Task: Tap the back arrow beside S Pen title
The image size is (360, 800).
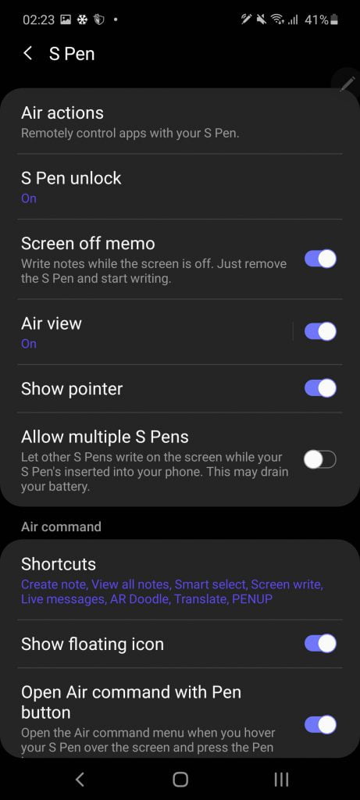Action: coord(28,53)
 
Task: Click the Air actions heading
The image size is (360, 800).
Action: coord(62,112)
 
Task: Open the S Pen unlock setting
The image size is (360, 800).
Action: coord(71,178)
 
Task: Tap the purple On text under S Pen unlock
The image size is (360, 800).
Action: coord(29,198)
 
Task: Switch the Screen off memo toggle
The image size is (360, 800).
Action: coord(320,259)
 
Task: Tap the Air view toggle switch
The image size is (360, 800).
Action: coord(320,331)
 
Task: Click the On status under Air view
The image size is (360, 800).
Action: coord(29,344)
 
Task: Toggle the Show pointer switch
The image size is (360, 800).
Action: coord(320,388)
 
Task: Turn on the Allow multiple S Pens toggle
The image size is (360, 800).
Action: coord(320,460)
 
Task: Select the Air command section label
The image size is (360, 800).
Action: coord(61,527)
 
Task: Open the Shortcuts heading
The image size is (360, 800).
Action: coord(59,564)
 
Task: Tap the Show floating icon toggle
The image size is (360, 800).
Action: coord(320,644)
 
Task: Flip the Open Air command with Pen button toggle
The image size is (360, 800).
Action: coord(320,724)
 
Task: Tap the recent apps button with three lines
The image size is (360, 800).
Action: coord(281,779)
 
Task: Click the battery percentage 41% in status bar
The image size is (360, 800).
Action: coord(316,20)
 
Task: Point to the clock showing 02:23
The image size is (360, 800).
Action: coord(38,20)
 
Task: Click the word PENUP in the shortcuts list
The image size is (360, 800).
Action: coord(252,599)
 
